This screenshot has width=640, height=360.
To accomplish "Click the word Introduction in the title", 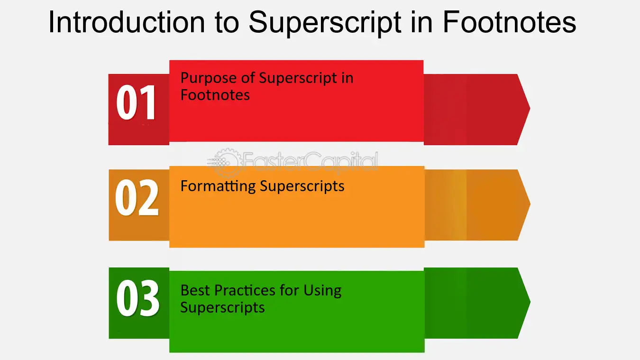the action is pos(127,22).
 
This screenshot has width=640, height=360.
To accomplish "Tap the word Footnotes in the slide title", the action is pos(510,22).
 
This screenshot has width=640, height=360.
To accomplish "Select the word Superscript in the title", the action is pos(325,23).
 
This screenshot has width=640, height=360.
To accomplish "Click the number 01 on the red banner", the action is pos(136,102).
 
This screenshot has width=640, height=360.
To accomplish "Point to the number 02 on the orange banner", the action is pos(137,197).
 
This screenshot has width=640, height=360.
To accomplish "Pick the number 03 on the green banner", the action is pos(137,298).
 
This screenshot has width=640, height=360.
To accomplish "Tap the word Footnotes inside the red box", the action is pos(215,95).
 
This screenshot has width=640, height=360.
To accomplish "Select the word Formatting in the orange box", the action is pos(218,187).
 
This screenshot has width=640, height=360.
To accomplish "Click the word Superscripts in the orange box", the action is pos(302,187).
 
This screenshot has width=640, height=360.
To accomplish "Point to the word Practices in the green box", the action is pos(245,291).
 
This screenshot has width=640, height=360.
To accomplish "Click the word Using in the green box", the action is pos(322,291).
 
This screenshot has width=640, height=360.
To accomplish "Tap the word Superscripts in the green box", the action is pos(222,308).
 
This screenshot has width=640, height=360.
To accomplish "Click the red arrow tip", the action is pos(530,109).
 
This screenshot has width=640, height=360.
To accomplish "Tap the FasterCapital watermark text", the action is pos(311,162).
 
